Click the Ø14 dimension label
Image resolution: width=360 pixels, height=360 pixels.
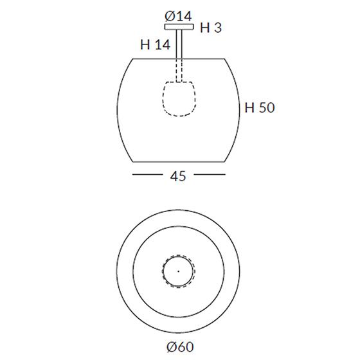click(x=178, y=16)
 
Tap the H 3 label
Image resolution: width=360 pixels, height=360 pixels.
click(x=211, y=28)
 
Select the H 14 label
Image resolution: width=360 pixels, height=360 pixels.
click(x=155, y=44)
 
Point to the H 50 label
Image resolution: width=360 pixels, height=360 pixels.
click(x=260, y=107)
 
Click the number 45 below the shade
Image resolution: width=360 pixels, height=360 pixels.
click(x=178, y=176)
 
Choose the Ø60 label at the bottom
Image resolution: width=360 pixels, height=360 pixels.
click(x=180, y=346)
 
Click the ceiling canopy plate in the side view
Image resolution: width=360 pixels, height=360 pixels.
click(x=179, y=27)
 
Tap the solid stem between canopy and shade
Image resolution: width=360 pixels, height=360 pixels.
click(x=179, y=44)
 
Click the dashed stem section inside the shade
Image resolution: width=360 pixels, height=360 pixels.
click(x=179, y=70)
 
